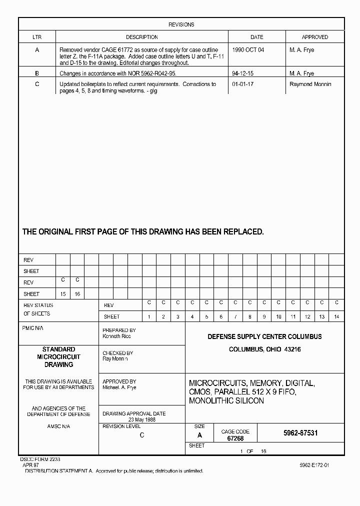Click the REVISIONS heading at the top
(x=181, y=24)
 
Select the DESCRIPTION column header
(x=141, y=37)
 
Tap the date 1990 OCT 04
(x=248, y=50)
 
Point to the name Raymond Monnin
(x=310, y=84)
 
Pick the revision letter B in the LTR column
(x=37, y=73)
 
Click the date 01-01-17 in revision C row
(x=243, y=84)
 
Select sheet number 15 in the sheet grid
(x=63, y=294)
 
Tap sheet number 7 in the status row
(x=235, y=317)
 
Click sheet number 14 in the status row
(x=337, y=317)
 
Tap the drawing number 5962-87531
(x=300, y=433)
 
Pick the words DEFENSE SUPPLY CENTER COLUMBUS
(x=264, y=337)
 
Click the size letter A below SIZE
(x=200, y=435)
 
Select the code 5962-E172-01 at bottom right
(x=314, y=465)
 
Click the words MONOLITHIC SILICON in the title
(x=226, y=401)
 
